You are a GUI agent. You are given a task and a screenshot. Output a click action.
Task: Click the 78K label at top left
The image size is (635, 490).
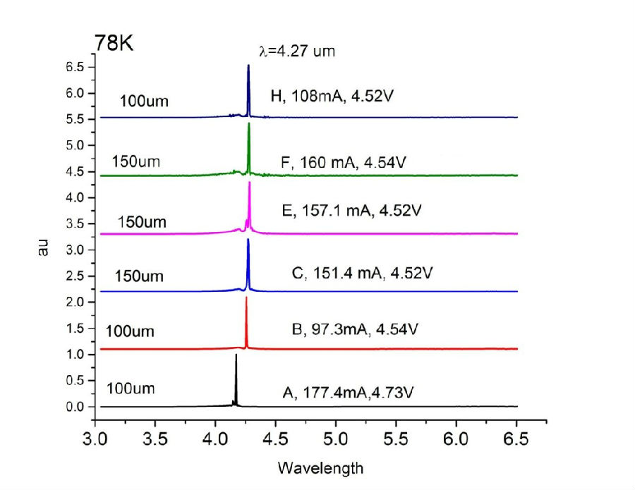[x=114, y=43]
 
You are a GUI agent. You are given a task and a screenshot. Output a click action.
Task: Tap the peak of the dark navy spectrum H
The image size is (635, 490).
[x=248, y=66]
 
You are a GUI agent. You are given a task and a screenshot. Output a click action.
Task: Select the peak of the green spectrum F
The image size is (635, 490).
[x=249, y=124]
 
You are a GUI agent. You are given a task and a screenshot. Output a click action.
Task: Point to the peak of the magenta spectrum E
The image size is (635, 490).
[x=250, y=183]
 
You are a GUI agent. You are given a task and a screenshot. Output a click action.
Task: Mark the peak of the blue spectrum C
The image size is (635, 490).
[x=248, y=240]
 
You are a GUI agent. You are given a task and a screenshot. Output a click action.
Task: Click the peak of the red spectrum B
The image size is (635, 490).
[x=246, y=298]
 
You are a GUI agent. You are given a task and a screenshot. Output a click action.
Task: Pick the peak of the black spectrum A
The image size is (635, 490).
[x=236, y=355]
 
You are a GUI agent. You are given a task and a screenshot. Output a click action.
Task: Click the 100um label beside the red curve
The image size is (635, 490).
[x=131, y=331]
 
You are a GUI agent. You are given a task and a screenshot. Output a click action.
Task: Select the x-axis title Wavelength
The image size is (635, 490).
[x=320, y=467]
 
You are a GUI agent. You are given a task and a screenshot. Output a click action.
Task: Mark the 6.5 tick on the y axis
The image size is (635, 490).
[x=75, y=66]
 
